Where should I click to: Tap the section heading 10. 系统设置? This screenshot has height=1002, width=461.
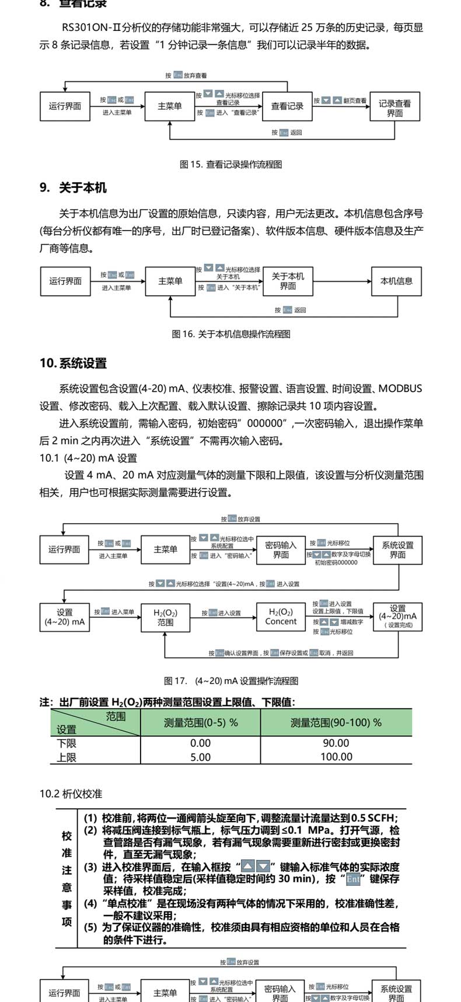pyautogui.click(x=73, y=363)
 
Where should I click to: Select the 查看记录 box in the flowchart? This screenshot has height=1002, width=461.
pyautogui.click(x=287, y=106)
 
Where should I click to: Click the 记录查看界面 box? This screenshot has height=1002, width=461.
pyautogui.click(x=394, y=108)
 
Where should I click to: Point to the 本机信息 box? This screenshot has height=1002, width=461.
pyautogui.click(x=396, y=281)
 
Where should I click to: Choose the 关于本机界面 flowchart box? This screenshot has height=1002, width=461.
pyautogui.click(x=288, y=281)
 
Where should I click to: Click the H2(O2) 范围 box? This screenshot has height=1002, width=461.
pyautogui.click(x=165, y=617)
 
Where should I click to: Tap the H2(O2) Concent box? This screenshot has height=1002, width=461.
pyautogui.click(x=281, y=617)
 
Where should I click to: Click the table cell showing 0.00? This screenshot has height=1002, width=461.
pyautogui.click(x=200, y=743)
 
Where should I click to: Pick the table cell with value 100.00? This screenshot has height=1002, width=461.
pyautogui.click(x=336, y=757)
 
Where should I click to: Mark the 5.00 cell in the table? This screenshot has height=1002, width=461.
pyautogui.click(x=200, y=757)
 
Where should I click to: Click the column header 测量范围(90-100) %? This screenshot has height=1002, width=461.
pyautogui.click(x=336, y=722)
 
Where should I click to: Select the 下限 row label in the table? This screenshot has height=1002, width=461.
pyautogui.click(x=67, y=743)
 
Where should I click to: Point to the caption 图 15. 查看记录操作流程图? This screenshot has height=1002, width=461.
pyautogui.click(x=230, y=165)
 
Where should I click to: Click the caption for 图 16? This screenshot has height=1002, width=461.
pyautogui.click(x=230, y=334)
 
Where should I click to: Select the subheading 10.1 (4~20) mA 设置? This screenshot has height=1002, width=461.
pyautogui.click(x=88, y=458)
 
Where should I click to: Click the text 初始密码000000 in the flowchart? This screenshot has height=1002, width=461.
pyautogui.click(x=336, y=562)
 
